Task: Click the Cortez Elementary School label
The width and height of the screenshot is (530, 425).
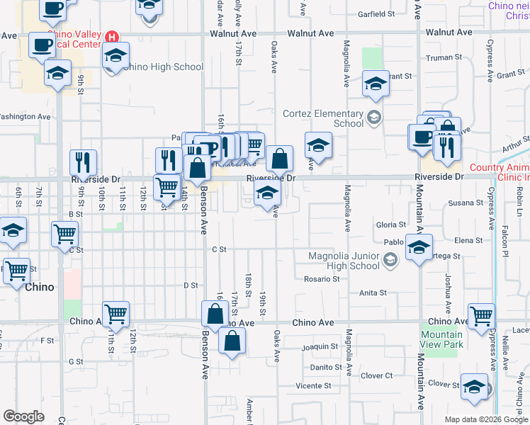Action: point(323,118)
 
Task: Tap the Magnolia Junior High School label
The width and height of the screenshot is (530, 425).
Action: point(344,261)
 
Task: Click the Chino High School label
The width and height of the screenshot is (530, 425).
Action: point(163,67)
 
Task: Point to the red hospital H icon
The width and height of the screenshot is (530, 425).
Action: point(111,37)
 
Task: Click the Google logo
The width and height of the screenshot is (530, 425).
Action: point(23,416)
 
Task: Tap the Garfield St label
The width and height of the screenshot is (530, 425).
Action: point(376,13)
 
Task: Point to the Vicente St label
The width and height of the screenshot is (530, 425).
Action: point(314,385)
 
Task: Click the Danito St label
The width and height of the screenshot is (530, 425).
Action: point(327,367)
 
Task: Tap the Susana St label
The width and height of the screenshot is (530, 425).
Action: point(466,203)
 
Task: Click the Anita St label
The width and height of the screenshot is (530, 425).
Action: point(373,292)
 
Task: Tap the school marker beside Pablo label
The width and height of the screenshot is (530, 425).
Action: point(419,248)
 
